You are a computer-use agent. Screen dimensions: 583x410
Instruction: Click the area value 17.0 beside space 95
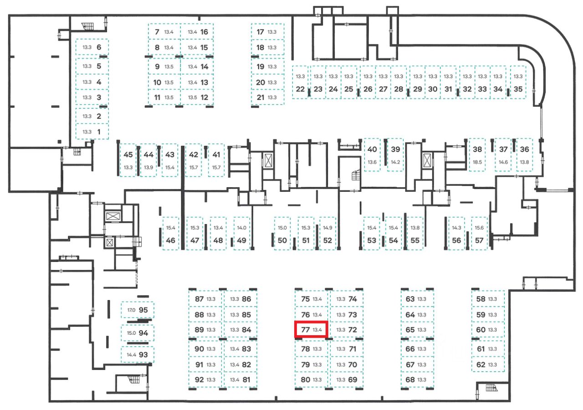[131, 310]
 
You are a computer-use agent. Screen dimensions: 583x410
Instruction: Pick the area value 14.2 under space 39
[395, 162]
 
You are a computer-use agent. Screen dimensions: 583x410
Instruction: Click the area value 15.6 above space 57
[479, 228]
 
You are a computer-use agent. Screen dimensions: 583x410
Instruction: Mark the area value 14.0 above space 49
[241, 228]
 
